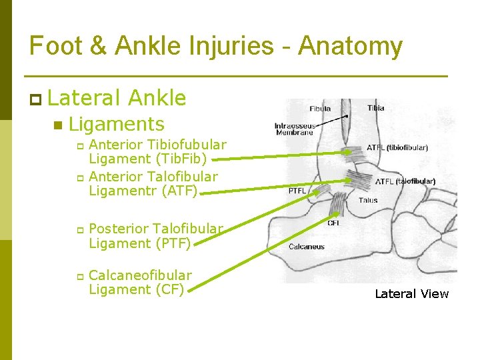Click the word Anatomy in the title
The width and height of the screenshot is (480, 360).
pyautogui.click(x=350, y=47)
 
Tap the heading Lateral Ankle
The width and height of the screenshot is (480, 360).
pyautogui.click(x=117, y=98)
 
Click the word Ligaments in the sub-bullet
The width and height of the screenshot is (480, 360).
pyautogui.click(x=116, y=124)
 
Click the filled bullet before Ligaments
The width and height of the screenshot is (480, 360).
pyautogui.click(x=58, y=125)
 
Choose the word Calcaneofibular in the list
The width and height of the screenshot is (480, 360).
pyautogui.click(x=140, y=275)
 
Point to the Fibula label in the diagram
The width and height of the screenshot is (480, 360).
pyautogui.click(x=320, y=109)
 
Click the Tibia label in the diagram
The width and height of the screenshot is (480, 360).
pyautogui.click(x=375, y=108)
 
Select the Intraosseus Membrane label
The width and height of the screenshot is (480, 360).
pyautogui.click(x=294, y=129)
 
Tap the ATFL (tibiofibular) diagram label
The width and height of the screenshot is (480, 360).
pyautogui.click(x=397, y=148)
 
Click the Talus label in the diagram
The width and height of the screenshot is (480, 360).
pyautogui.click(x=367, y=199)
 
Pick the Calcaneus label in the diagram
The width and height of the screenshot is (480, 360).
pyautogui.click(x=307, y=247)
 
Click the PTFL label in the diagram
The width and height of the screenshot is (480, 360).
pyautogui.click(x=297, y=191)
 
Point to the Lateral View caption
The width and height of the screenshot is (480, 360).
pyautogui.click(x=411, y=294)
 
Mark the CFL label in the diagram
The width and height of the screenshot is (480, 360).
pyautogui.click(x=333, y=223)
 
